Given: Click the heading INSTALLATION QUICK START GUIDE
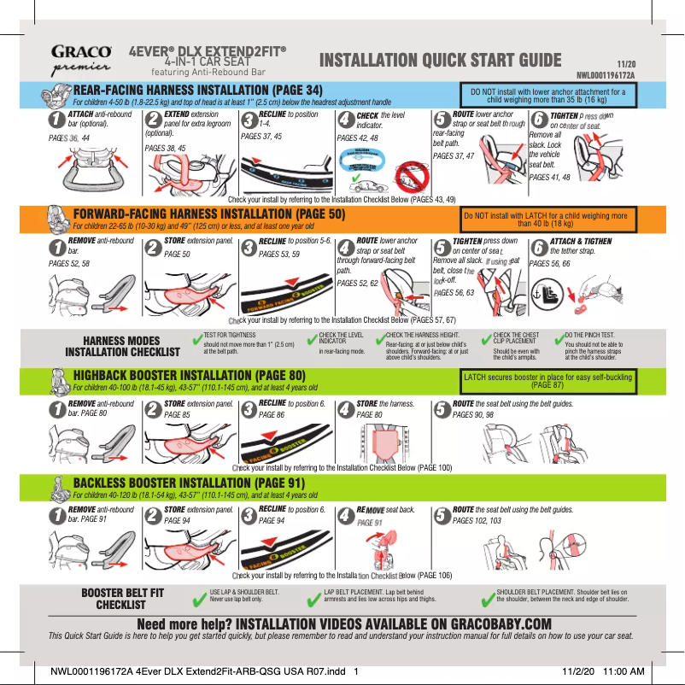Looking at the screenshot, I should [440, 60].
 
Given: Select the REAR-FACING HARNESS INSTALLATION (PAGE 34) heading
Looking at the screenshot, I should [198, 90].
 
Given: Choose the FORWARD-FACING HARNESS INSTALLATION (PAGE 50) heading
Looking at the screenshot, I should [209, 214].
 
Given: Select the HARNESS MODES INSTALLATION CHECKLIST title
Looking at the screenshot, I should [123, 346].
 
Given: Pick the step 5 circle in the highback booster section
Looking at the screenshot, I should [442, 410].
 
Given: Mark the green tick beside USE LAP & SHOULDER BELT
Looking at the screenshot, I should [202, 594].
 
